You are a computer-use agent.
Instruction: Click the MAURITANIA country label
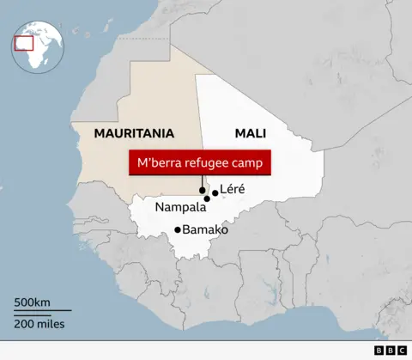(x=134, y=134)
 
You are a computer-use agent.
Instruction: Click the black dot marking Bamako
(x=178, y=229)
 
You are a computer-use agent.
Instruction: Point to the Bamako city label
(x=205, y=229)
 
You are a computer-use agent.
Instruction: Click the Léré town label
(x=233, y=189)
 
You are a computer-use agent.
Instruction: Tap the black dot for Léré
(x=215, y=194)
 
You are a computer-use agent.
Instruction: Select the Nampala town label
(x=180, y=208)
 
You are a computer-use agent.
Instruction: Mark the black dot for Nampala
(x=207, y=199)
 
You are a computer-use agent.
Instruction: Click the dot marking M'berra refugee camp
(x=202, y=190)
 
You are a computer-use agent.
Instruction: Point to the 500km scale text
(x=32, y=303)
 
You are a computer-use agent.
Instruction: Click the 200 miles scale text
(x=39, y=324)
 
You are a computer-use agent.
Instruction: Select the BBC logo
(x=391, y=351)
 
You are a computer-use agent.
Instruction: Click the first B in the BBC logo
(x=379, y=351)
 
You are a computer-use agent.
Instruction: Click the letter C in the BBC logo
(x=402, y=351)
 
